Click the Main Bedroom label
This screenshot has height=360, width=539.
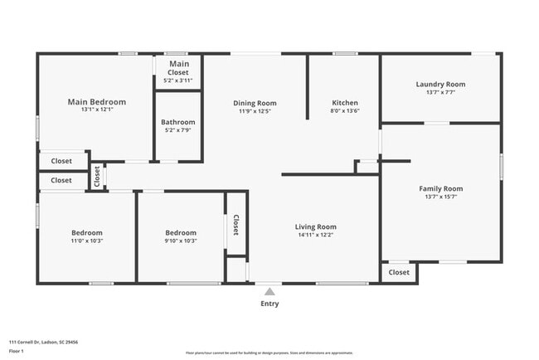click(96, 102)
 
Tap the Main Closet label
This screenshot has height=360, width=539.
click(179, 64)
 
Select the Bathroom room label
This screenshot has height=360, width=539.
click(178, 123)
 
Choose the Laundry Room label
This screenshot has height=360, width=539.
click(440, 84)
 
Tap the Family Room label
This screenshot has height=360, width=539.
click(440, 188)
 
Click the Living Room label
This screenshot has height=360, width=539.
click(316, 226)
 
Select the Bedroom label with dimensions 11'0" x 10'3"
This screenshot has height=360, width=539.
click(86, 233)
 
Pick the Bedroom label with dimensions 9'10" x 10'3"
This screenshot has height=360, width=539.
click(181, 233)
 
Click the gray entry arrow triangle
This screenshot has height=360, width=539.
click(269, 291)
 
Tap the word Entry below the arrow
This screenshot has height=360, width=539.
click(269, 304)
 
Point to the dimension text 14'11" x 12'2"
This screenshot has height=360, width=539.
click(316, 235)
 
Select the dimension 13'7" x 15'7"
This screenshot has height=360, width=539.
click(440, 197)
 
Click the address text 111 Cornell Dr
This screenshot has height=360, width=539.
click(43, 341)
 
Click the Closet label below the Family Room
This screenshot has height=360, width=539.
click(399, 272)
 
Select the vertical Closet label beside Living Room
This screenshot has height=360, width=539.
click(236, 225)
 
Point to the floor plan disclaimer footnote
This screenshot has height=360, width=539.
click(269, 352)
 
